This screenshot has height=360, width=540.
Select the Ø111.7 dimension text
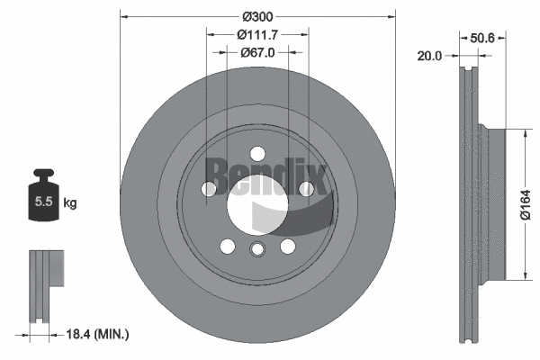coord(256,34)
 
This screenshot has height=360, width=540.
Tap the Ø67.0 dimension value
coord(256,52)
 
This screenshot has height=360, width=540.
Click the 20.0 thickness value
coord(429,56)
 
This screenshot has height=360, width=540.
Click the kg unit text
coord(70,203)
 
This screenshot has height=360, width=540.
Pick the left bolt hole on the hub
coord(209,188)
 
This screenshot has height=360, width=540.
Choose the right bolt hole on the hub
coord(305,188)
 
